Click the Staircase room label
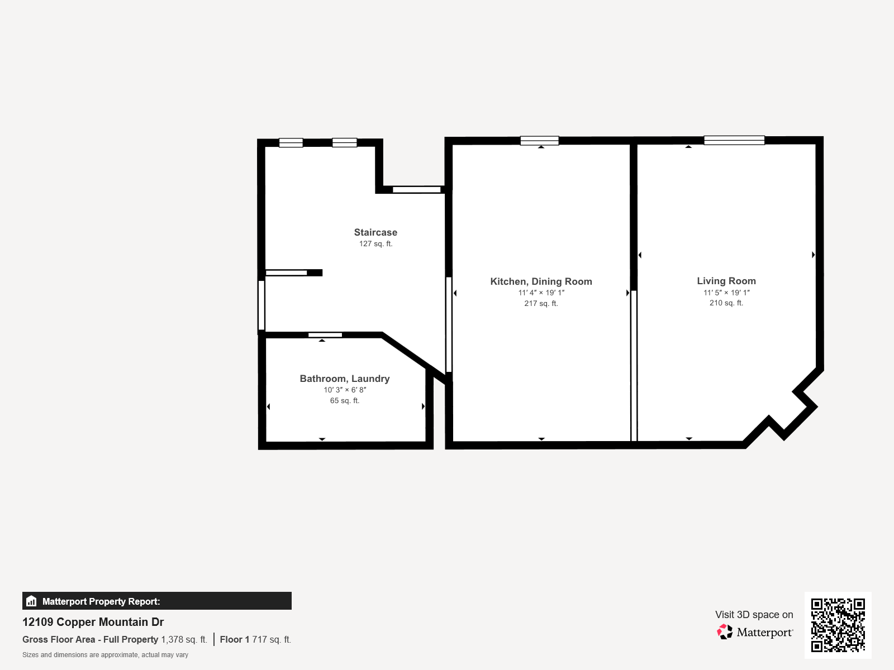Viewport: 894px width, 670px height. point(375,232)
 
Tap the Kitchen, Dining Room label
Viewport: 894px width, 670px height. point(541,281)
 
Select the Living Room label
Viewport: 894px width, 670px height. point(726,281)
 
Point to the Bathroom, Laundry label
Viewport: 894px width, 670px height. point(345,379)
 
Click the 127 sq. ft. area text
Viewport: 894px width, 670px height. point(375,243)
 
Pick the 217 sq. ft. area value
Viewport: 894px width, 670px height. point(541,304)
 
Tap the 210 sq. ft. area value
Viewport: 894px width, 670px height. point(726,303)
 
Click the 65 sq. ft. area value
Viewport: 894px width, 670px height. point(345,401)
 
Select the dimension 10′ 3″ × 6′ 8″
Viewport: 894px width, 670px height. point(345,390)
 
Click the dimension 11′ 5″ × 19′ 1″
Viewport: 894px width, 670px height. point(726,293)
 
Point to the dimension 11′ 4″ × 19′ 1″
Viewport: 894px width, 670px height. point(541,293)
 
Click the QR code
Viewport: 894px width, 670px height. point(838,625)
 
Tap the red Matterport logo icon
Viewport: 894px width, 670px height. point(725,632)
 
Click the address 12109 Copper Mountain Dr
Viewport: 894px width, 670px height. point(93,622)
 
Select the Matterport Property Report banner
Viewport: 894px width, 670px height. point(157,601)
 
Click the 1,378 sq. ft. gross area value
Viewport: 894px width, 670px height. point(184,639)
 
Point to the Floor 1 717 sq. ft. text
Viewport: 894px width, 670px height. point(255,639)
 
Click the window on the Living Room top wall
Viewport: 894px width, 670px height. point(734,140)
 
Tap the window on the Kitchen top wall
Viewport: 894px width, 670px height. point(540,141)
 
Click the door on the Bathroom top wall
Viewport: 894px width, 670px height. point(325,335)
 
